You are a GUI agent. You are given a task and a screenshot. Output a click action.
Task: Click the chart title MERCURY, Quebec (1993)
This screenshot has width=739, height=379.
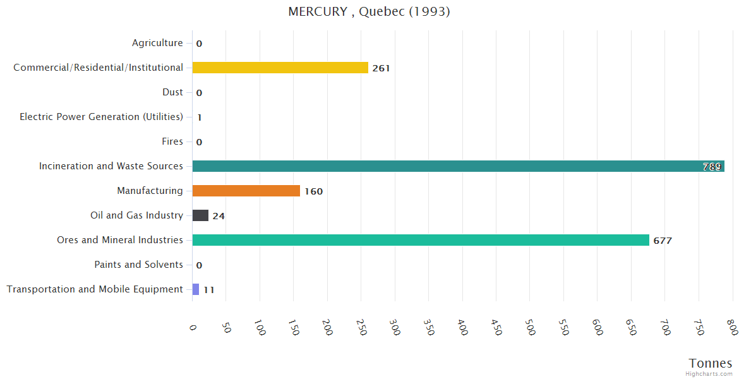pyautogui.click(x=369, y=12)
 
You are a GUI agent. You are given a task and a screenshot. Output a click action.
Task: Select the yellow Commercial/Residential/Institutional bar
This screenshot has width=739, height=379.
pyautogui.click(x=280, y=68)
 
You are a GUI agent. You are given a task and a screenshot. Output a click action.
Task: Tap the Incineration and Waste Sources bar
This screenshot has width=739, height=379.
pyautogui.click(x=458, y=166)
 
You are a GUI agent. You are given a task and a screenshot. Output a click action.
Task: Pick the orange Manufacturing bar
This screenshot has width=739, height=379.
pyautogui.click(x=246, y=191)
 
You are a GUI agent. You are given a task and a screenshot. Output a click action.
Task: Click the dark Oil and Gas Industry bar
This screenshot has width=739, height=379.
pyautogui.click(x=200, y=215)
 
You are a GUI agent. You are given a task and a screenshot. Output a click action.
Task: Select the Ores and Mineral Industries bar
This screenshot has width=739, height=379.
pyautogui.click(x=421, y=240)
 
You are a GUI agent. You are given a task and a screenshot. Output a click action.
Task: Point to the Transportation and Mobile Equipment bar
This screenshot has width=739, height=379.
pyautogui.click(x=196, y=289)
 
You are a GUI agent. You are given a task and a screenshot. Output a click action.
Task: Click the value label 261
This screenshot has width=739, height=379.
pyautogui.click(x=381, y=68)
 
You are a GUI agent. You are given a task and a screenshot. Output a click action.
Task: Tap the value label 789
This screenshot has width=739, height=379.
pyautogui.click(x=712, y=167)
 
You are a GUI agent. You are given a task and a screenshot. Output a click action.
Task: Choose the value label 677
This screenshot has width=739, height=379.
pyautogui.click(x=663, y=241)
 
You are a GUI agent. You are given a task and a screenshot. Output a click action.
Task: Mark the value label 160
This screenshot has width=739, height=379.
pyautogui.click(x=313, y=191)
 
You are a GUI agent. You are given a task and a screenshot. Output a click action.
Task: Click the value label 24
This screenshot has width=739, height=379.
pyautogui.click(x=219, y=216)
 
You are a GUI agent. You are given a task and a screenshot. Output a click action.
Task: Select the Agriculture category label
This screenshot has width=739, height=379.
pyautogui.click(x=157, y=43)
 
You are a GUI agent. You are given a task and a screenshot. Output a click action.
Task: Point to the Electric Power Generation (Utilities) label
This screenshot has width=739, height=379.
pyautogui.click(x=101, y=117)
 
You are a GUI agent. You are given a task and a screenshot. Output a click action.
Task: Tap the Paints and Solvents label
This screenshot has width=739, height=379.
pyautogui.click(x=138, y=265)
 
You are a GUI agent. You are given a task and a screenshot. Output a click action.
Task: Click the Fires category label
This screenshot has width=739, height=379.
pyautogui.click(x=172, y=141)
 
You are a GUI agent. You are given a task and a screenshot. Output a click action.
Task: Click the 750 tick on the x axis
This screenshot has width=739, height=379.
pyautogui.click(x=699, y=327)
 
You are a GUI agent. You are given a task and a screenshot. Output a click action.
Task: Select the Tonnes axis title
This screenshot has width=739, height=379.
pyautogui.click(x=711, y=363)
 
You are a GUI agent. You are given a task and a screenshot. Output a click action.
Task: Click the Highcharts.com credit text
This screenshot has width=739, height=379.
pyautogui.click(x=709, y=374)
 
